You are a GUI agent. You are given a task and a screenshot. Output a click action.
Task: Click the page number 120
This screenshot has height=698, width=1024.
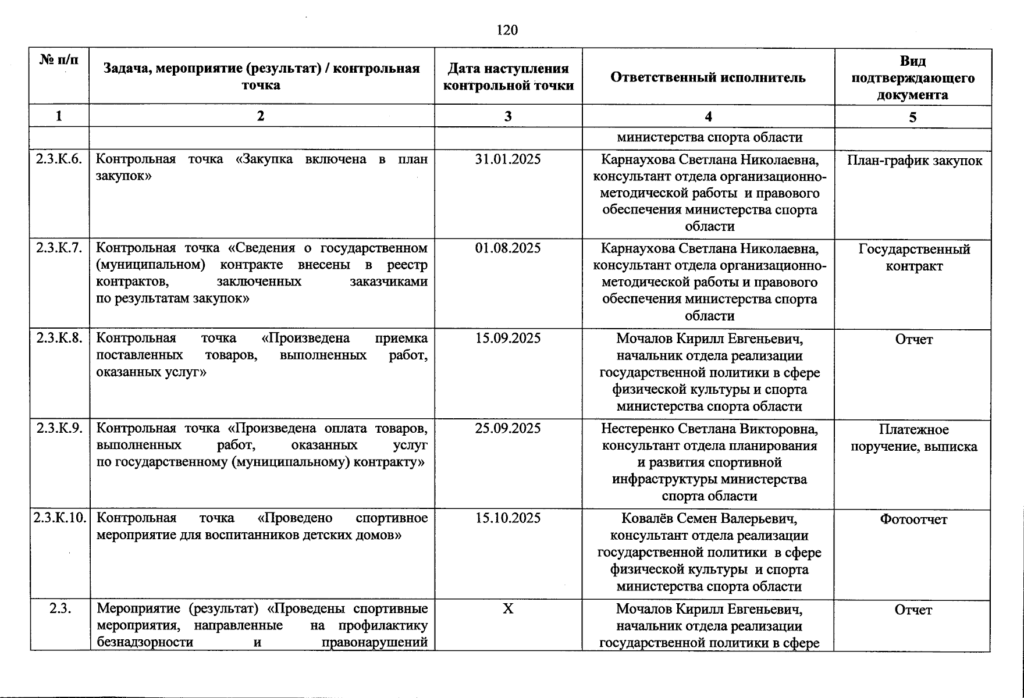point(507,30)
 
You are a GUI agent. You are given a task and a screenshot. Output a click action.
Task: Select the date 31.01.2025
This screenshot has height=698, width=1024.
point(507,159)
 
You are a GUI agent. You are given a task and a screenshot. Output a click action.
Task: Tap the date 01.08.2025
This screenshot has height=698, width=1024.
point(507,248)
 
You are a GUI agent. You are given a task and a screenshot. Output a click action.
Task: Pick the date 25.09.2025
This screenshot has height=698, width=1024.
point(507,429)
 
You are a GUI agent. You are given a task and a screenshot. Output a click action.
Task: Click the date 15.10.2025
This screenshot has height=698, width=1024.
point(507,518)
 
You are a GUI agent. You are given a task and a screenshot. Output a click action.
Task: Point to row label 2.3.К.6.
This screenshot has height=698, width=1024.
point(59,159)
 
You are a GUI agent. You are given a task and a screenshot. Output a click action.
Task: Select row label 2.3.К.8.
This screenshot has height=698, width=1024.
point(59,338)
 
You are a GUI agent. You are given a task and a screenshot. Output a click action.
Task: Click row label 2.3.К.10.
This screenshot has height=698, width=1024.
point(60,518)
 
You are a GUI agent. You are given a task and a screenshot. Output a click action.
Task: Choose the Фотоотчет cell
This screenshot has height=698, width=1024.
point(913,519)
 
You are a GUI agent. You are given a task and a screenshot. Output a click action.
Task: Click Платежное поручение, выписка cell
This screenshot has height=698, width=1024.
point(913,438)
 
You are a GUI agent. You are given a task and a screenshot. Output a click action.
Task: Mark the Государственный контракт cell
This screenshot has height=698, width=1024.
point(913,258)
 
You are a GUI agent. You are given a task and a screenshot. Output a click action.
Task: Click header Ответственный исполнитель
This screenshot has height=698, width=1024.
point(708,77)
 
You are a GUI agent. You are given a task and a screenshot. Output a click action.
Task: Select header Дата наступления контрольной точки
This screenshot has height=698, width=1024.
point(508,77)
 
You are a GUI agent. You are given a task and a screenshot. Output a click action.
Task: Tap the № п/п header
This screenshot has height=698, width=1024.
point(59,59)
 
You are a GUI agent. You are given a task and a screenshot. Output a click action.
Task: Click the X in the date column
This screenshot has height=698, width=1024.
point(507,609)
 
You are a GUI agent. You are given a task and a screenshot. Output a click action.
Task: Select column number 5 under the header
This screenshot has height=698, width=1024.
point(912,117)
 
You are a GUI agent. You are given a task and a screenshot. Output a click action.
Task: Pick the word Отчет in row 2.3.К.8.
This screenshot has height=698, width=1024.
point(913,340)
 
